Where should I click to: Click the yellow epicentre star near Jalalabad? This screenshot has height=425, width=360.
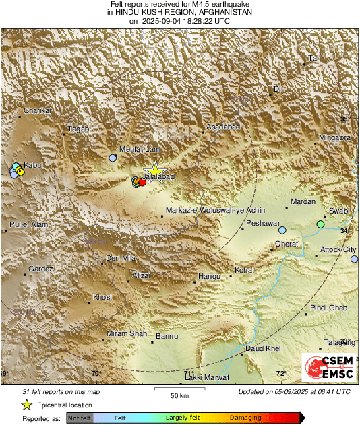click(x=155, y=171)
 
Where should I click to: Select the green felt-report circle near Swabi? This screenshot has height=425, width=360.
click(x=321, y=224)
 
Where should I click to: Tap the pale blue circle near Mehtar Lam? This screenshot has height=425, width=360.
click(x=113, y=158)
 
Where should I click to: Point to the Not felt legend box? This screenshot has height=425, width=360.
click(x=80, y=418)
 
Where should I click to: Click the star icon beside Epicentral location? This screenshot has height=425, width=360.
click(x=26, y=405)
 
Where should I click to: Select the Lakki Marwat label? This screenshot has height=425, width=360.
click(x=207, y=377)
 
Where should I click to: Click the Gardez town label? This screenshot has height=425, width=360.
click(x=40, y=269)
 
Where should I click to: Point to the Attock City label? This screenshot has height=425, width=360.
click(x=336, y=249)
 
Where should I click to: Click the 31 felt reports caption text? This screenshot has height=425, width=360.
click(x=61, y=391)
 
